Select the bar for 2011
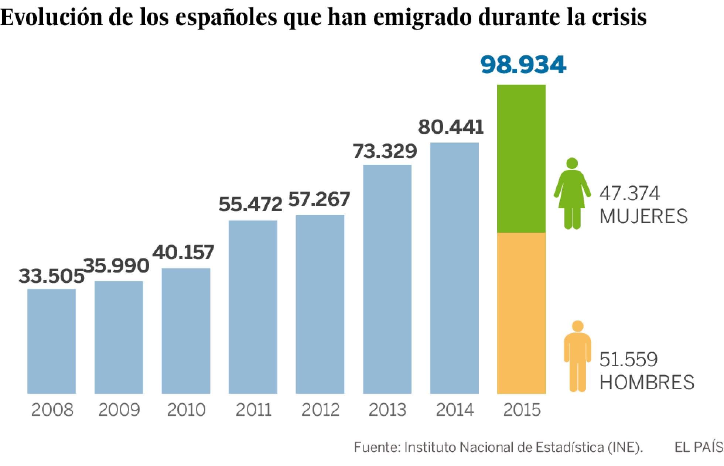[253, 307]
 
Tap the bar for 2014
[454, 268]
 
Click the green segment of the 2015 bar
[521, 159]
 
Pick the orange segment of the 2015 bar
[521, 313]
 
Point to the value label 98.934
[523, 65]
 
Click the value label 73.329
[385, 151]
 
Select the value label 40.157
[184, 252]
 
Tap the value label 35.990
[117, 266]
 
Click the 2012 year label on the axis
[320, 410]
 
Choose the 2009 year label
[119, 410]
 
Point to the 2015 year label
[522, 410]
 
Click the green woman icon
[572, 193]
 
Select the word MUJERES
[643, 216]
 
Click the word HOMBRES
[647, 383]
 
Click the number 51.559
[628, 360]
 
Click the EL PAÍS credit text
[699, 448]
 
